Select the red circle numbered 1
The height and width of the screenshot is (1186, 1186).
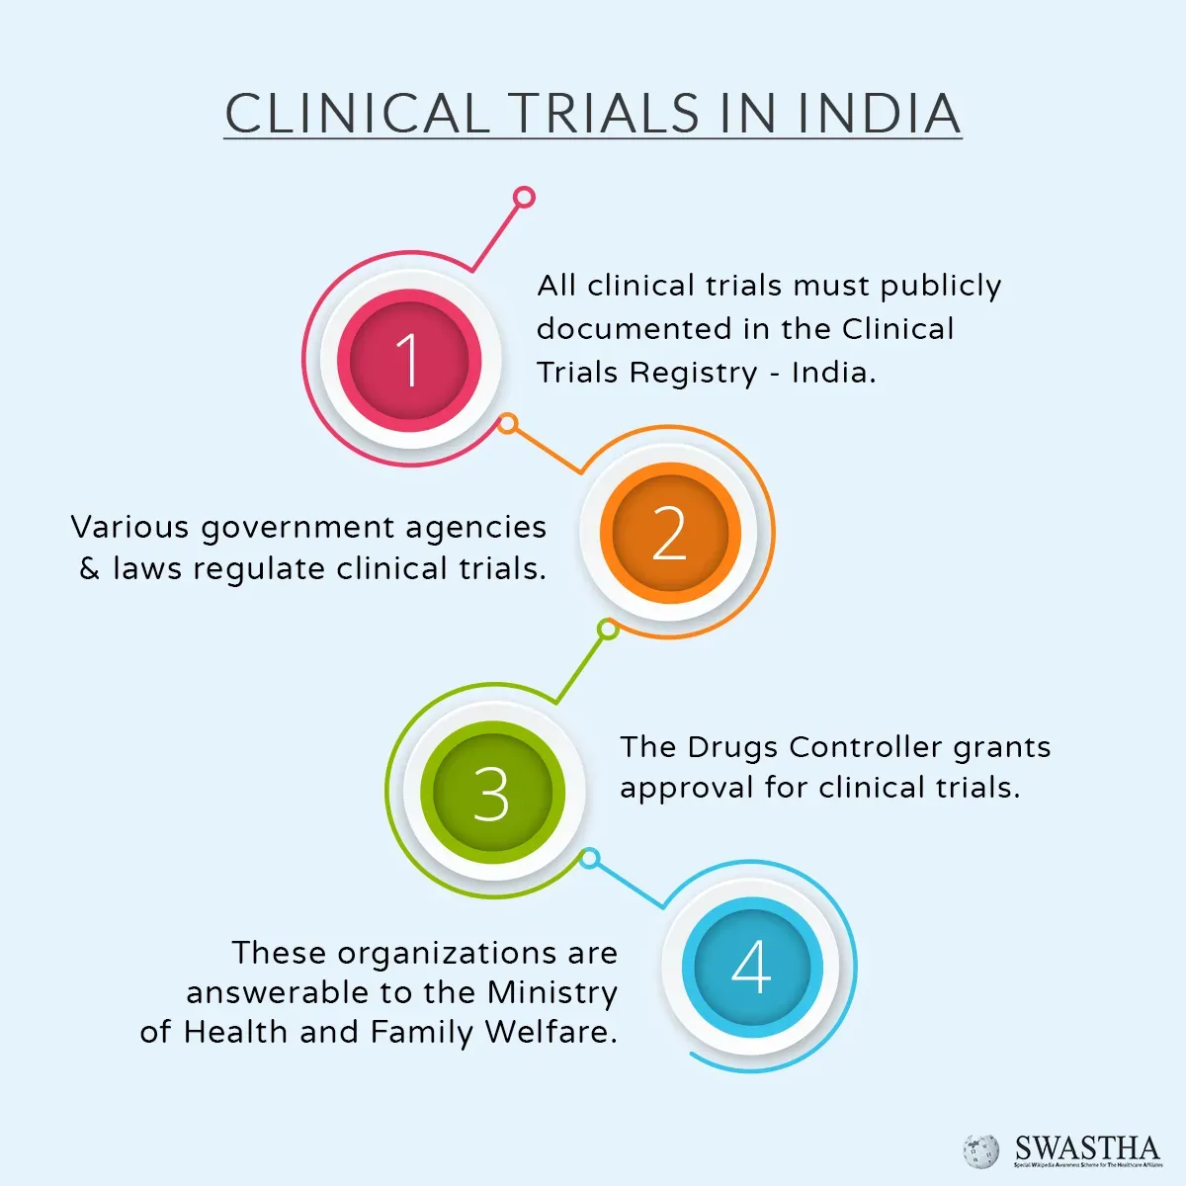click(x=409, y=359)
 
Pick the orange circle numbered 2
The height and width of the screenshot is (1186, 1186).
click(x=669, y=534)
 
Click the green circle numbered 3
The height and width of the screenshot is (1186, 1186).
click(x=491, y=793)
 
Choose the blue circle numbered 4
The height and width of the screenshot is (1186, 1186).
click(x=751, y=967)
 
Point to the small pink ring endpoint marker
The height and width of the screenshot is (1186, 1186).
click(x=525, y=197)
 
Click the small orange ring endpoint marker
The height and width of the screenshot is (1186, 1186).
click(x=507, y=424)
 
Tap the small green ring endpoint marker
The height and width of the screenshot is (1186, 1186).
click(x=608, y=629)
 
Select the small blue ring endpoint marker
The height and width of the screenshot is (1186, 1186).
click(x=589, y=858)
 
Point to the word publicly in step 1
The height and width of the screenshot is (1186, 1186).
click(x=940, y=287)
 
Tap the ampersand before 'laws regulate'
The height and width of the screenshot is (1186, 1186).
click(x=90, y=569)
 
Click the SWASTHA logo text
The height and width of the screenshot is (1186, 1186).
click(x=1086, y=1147)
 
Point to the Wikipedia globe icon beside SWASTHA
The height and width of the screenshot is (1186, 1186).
click(x=981, y=1150)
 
